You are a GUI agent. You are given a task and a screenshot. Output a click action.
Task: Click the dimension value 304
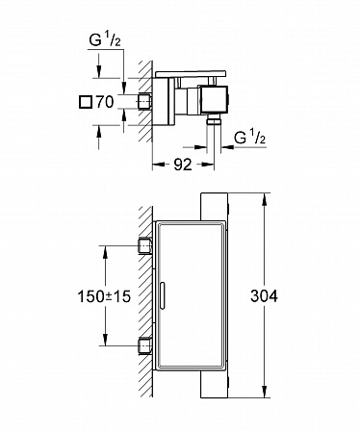pyautogui.click(x=264, y=295)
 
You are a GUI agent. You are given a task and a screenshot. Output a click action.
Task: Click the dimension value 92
pyautogui.click(x=183, y=165)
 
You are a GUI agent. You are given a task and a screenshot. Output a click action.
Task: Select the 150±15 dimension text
pyautogui.click(x=105, y=296)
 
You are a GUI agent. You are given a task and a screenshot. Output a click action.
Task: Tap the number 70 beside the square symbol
pyautogui.click(x=105, y=102)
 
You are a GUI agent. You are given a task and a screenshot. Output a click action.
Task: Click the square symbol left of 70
pyautogui.click(x=85, y=103)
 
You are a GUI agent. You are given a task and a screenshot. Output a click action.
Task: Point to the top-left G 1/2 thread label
pyautogui.click(x=105, y=40)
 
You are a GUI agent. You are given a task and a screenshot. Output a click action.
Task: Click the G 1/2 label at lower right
pyautogui.click(x=250, y=137)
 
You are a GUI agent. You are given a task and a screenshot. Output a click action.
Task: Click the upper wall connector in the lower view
pyautogui.click(x=145, y=246)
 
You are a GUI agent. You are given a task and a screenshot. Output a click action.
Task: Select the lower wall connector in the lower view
pyautogui.click(x=145, y=346)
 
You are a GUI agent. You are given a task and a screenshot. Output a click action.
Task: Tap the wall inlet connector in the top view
pyautogui.click(x=145, y=102)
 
